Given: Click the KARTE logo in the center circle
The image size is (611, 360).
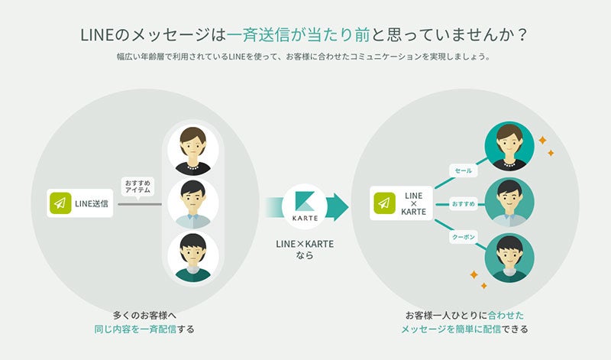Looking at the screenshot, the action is coord(304,206).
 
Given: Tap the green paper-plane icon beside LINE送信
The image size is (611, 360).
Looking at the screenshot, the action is coord(60,203).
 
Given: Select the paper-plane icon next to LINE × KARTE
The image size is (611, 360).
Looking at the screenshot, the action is coord(384,203).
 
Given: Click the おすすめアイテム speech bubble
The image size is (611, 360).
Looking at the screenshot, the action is coord(137,187).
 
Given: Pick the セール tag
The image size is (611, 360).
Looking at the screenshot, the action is coord(464,171).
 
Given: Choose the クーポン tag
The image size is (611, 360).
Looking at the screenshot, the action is coord(464,237).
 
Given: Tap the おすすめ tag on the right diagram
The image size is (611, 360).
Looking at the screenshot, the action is coord(464,203).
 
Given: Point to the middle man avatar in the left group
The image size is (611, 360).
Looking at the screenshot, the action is coord(193,203).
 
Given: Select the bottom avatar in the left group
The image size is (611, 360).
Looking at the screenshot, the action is coord(193,257).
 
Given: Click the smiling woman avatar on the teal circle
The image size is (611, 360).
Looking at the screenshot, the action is coord(509,146).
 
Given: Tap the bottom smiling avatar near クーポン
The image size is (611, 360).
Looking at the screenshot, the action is coord(509,258).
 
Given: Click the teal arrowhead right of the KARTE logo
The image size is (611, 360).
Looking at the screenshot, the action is coord(338,206).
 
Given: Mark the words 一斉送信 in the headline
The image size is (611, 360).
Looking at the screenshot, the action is coord(259,34).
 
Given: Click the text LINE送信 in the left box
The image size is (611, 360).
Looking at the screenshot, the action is coord(92,203).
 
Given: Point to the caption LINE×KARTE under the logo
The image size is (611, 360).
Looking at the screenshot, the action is coord(305,244).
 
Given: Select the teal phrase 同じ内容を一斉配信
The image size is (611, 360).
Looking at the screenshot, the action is coord(135,329).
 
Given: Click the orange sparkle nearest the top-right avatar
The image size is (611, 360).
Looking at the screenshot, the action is coord(542,140).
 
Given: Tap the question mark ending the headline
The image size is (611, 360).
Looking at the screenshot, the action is coord(522,35).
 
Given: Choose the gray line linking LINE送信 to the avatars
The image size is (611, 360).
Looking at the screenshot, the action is coord(140,204).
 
